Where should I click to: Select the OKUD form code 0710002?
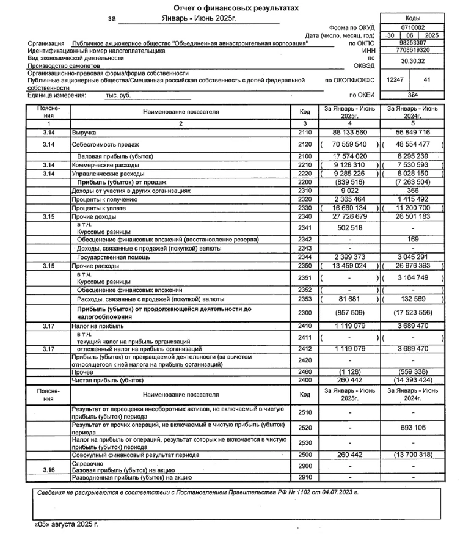[x=412, y=28]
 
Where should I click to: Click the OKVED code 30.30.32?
[x=412, y=62]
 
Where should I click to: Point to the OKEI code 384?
[x=412, y=95]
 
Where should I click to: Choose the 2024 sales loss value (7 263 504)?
[x=412, y=182]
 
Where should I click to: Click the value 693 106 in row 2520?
[x=412, y=428]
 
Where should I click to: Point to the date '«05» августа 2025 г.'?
[x=65, y=524]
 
